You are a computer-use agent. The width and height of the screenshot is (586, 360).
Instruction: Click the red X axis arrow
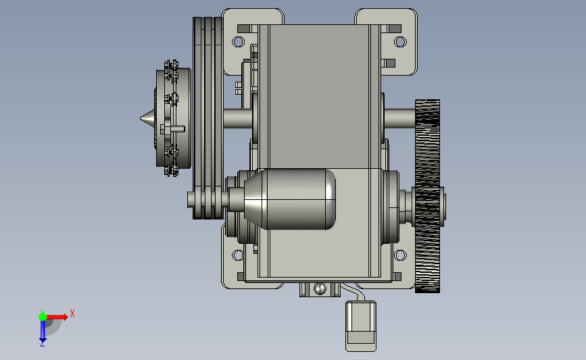56,317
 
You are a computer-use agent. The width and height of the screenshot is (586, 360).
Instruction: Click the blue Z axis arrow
43,331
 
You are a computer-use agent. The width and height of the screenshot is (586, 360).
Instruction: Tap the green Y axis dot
43,317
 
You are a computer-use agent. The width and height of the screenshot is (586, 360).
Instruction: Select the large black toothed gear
428,196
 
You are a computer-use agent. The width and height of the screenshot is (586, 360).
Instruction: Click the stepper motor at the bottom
361,326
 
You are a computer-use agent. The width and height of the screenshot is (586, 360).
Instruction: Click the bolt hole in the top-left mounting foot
239,41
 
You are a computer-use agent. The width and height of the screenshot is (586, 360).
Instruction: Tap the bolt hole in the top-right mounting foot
400,41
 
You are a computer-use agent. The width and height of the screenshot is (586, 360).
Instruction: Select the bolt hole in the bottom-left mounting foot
238,255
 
